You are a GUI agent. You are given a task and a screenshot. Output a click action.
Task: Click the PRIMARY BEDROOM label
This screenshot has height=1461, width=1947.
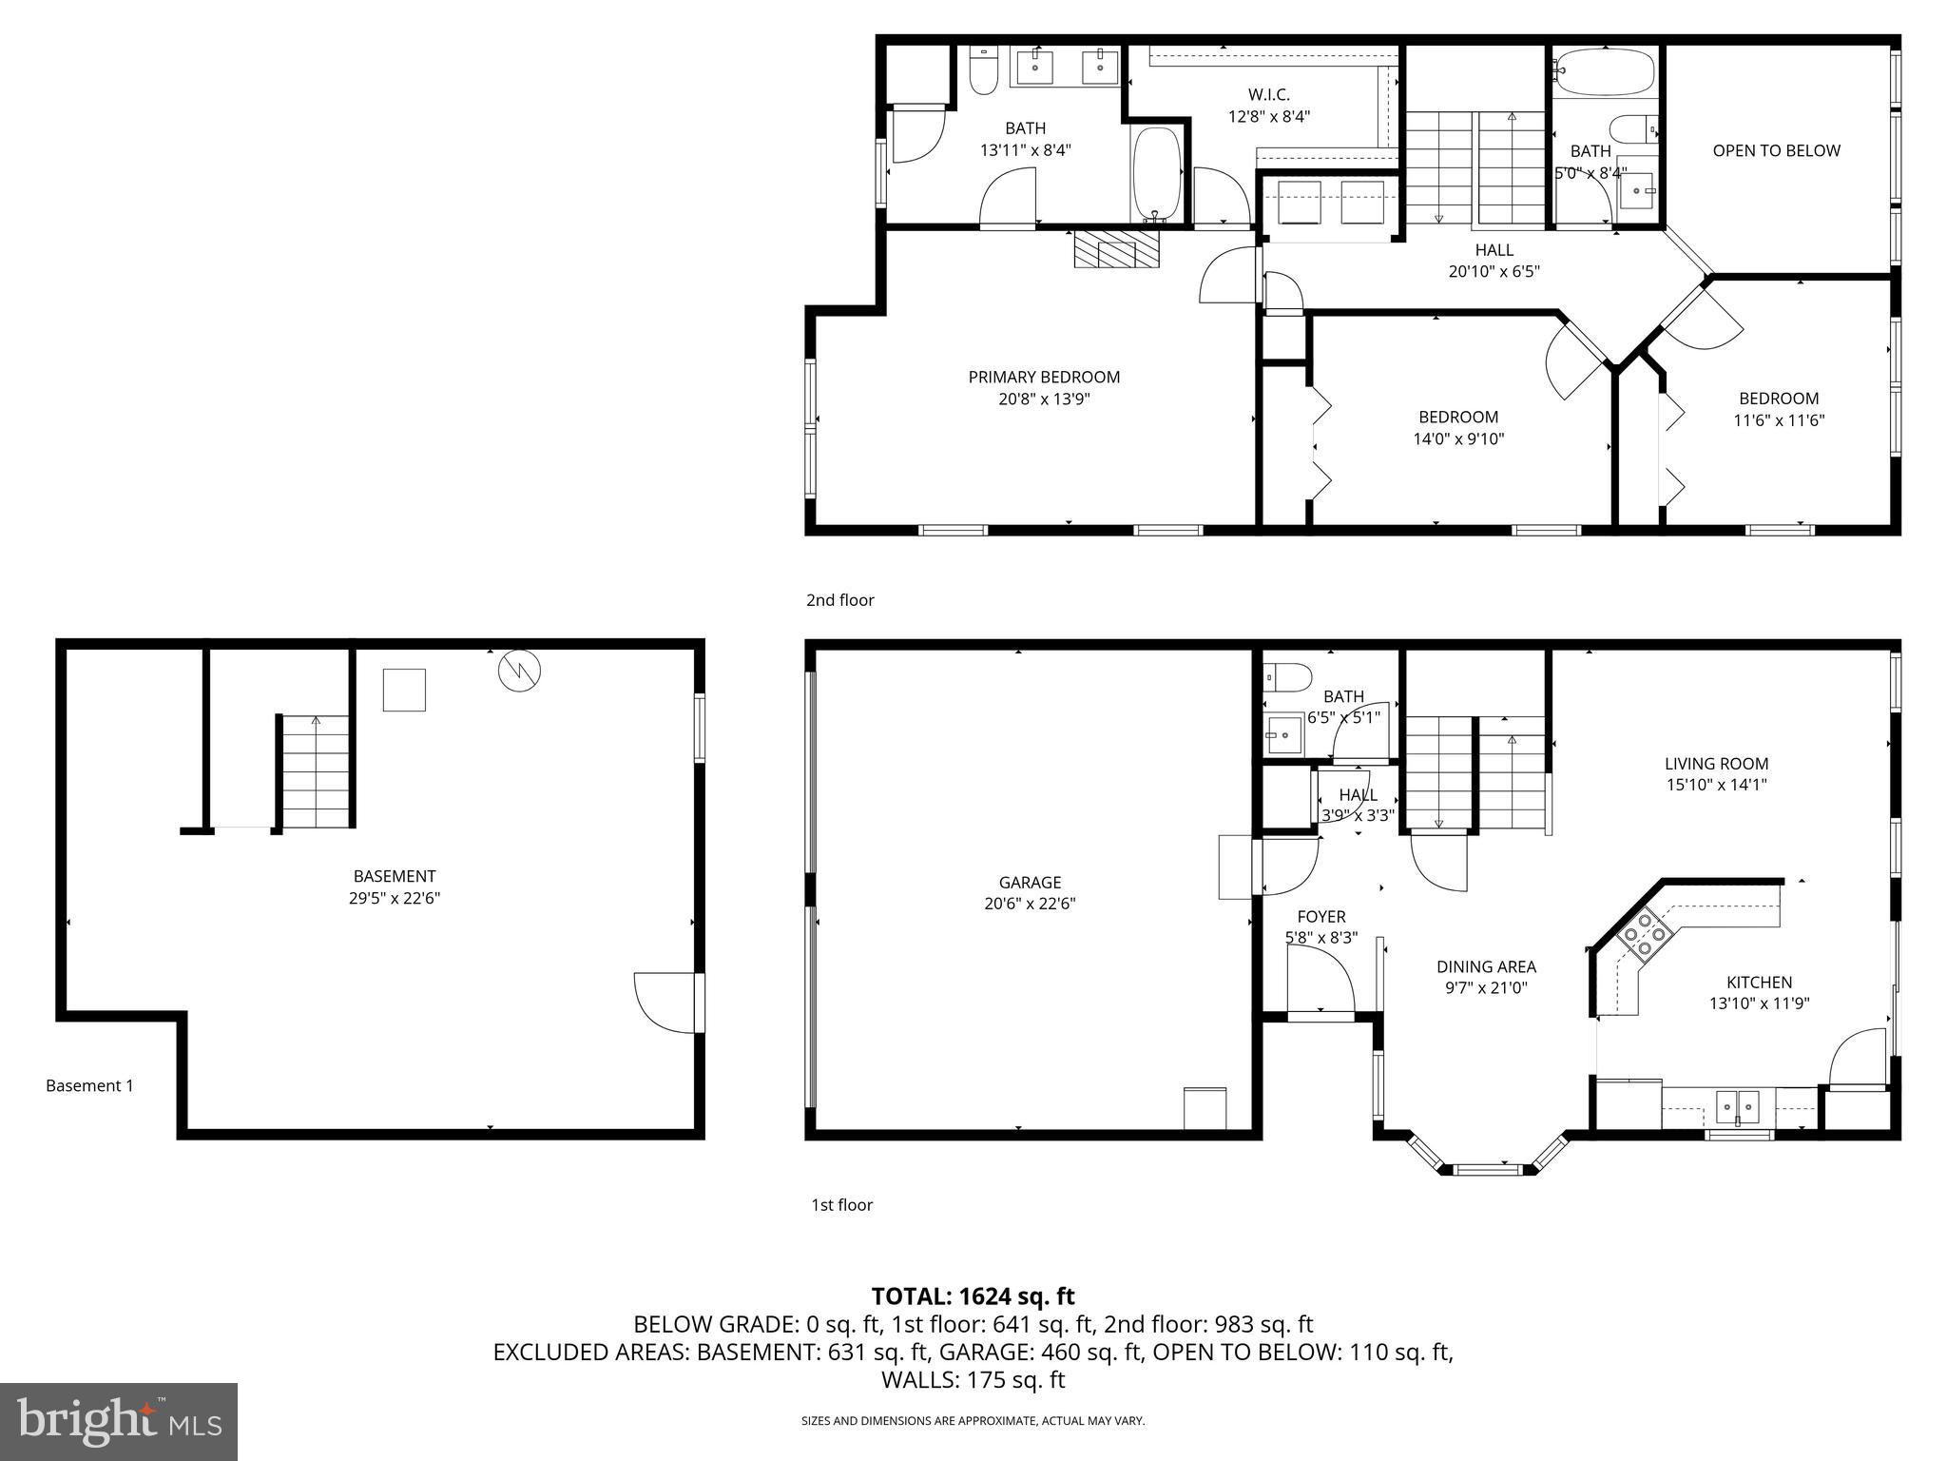click(x=1044, y=387)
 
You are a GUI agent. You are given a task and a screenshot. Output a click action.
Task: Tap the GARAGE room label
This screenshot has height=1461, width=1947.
click(x=1030, y=892)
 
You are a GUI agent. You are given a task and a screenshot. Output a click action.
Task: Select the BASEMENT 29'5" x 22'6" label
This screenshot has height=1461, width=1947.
click(x=395, y=886)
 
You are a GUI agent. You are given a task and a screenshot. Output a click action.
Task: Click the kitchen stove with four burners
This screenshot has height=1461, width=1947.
click(x=1645, y=934)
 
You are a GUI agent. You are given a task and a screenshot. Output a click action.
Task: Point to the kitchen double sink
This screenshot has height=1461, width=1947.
click(x=1737, y=1106)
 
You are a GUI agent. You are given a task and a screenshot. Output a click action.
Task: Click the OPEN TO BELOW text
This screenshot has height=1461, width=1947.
click(x=1776, y=150)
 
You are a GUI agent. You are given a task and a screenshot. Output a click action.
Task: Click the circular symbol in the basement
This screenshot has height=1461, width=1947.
click(x=519, y=671)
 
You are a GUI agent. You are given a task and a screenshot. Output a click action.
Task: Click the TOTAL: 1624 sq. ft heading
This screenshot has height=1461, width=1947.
click(x=973, y=1295)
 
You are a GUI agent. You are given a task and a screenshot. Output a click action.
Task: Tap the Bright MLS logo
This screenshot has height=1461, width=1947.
click(x=118, y=1421)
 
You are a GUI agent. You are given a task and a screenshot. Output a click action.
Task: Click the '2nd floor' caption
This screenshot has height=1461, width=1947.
click(x=839, y=600)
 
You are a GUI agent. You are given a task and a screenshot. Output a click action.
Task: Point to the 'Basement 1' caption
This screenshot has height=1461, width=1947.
click(x=89, y=1085)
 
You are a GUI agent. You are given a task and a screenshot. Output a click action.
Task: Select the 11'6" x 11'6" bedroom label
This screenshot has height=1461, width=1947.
click(x=1779, y=409)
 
